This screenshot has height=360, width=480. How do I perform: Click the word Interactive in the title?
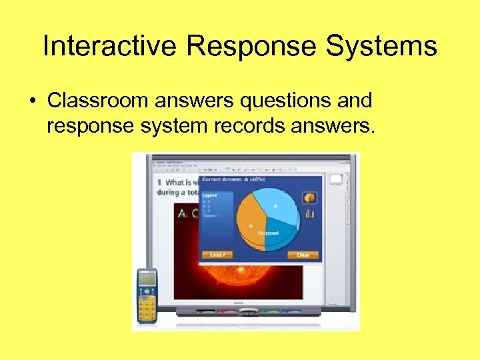point(110,47)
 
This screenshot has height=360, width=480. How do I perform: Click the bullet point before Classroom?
point(32,101)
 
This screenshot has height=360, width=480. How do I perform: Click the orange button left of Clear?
point(216,255)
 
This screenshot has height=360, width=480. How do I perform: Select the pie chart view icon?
point(309,197)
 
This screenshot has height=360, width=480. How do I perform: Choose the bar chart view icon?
point(309,213)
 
